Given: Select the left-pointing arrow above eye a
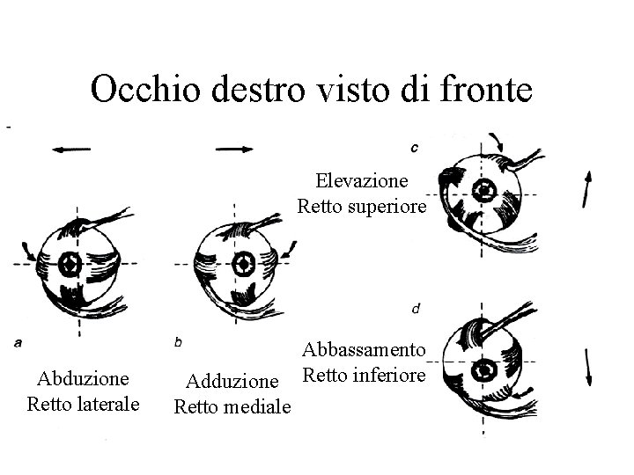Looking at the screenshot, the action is pos(71,150).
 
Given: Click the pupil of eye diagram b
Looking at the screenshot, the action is pos(240,264).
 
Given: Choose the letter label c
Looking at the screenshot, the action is pos(415,146).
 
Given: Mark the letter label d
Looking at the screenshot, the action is pos(415,309).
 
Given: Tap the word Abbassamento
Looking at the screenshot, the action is pos(365,350).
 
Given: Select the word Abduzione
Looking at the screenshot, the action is pos(83,378).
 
